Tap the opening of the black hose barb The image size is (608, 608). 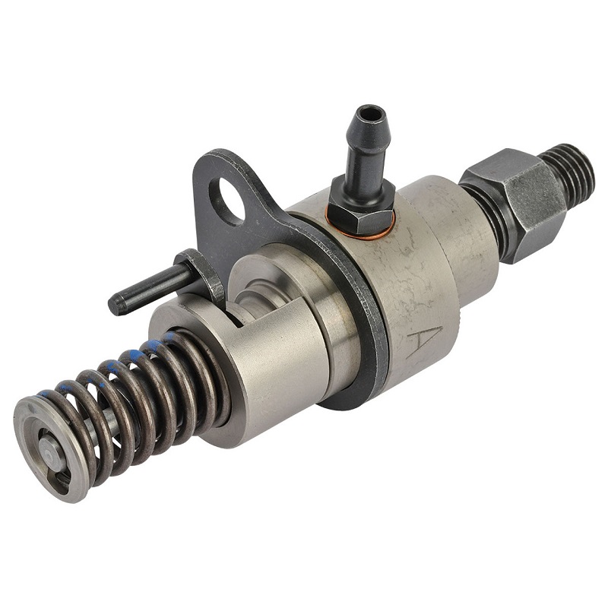click(x=372, y=112)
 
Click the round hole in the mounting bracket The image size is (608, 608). click(x=226, y=201)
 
